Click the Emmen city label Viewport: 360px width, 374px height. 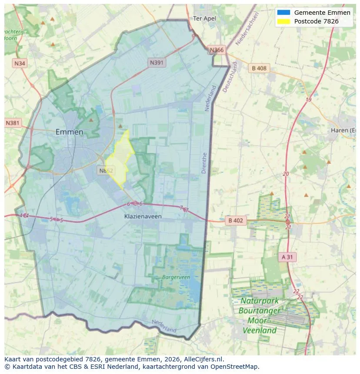click(70, 132)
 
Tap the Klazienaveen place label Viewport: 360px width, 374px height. click(143, 216)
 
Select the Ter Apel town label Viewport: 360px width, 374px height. click(204, 18)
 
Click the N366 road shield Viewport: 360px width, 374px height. click(217, 50)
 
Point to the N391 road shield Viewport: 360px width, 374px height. click(157, 63)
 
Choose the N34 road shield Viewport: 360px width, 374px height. click(20, 63)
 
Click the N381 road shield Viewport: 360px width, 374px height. click(13, 123)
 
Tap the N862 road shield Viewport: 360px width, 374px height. click(106, 170)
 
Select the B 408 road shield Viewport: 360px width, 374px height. click(259, 68)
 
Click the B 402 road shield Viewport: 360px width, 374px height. click(236, 221)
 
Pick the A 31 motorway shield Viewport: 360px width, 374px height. click(287, 257)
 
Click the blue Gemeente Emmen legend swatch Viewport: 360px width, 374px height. click(283, 13)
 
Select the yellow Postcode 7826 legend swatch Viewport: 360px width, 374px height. click(283, 21)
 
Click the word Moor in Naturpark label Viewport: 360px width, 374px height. click(257, 321)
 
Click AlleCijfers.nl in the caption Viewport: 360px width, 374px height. click(203, 359)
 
